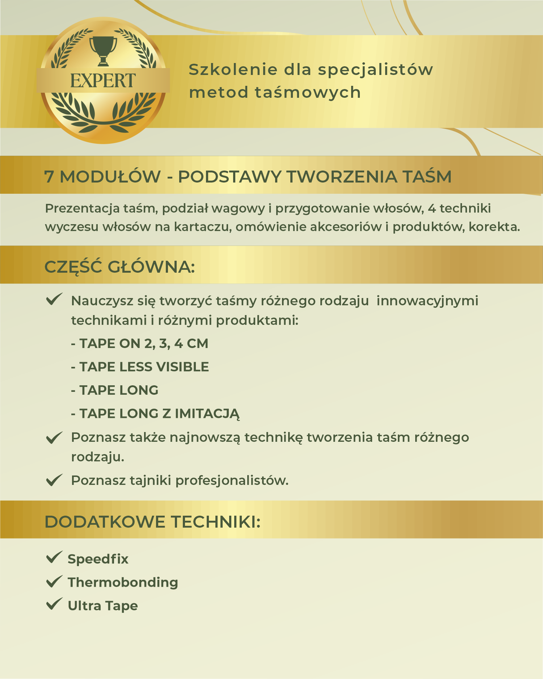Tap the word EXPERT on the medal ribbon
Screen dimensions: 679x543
pos(103,80)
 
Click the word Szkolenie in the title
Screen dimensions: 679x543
pos(233,70)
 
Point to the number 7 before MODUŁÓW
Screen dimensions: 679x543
pos(49,177)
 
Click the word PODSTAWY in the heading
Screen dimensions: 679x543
pos(230,177)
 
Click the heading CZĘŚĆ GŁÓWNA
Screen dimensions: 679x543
pos(119,267)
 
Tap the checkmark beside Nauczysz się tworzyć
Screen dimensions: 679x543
pos(54,299)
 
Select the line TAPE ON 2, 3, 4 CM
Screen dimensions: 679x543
pos(140,344)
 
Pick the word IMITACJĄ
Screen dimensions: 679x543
pos(207,414)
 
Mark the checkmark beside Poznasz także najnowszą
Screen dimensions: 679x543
pos(54,437)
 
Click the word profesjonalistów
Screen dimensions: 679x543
pos(232,481)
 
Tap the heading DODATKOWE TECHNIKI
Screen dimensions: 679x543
pos(152,522)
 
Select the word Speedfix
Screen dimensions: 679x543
pos(98,559)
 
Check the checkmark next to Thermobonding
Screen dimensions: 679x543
pos(54,582)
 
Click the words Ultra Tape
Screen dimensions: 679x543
pos(103,606)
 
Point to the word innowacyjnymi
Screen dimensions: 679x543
pos(427,301)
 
